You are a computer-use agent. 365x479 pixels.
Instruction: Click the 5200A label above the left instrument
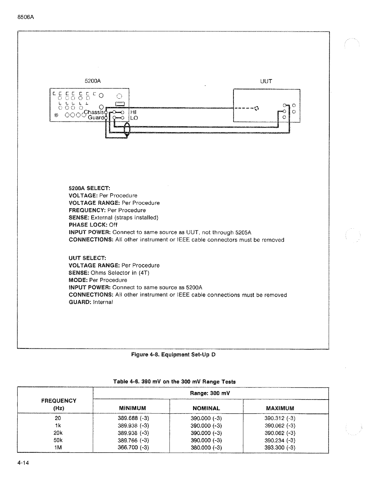(x=92, y=81)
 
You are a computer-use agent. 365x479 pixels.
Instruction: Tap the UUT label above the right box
(x=266, y=81)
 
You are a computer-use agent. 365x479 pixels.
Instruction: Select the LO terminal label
(x=134, y=118)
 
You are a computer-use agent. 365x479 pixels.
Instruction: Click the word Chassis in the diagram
(x=95, y=112)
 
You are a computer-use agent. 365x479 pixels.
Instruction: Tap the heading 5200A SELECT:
(x=89, y=188)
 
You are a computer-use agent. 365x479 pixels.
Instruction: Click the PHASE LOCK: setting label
(x=88, y=225)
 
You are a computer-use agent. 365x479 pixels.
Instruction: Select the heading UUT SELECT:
(x=87, y=258)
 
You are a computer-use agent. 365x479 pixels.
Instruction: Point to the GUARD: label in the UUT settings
(x=80, y=302)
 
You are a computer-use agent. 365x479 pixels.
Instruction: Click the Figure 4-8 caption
(x=173, y=355)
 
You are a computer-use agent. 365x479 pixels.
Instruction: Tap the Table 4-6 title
(x=174, y=382)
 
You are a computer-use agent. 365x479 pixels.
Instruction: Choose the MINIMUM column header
(x=132, y=408)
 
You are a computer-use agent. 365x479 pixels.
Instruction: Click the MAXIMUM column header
(x=280, y=408)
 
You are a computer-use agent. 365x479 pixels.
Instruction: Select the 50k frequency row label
(x=58, y=440)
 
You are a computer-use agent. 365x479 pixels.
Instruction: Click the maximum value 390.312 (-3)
(x=280, y=418)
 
